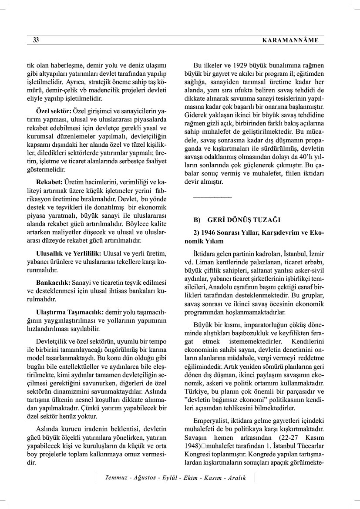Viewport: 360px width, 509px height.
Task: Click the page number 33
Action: point(36,40)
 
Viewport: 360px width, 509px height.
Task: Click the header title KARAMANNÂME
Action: point(290,40)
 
